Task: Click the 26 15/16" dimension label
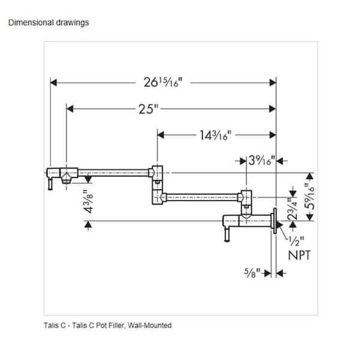[163, 82]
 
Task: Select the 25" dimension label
[149, 109]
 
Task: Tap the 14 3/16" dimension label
[215, 135]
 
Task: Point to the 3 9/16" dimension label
[262, 160]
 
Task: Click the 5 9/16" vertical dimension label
[309, 196]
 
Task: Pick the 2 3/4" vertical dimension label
[293, 209]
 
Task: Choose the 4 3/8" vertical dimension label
[88, 202]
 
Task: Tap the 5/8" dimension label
[252, 273]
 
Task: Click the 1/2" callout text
[296, 241]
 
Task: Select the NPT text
[299, 255]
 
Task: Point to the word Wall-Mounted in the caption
[149, 325]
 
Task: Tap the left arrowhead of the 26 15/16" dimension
[53, 83]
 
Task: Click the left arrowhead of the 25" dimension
[70, 109]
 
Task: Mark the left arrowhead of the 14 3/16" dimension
[160, 135]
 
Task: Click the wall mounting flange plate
[275, 221]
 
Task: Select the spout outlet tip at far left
[50, 185]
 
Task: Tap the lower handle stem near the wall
[227, 235]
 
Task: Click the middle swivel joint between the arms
[157, 185]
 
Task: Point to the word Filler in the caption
[117, 325]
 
